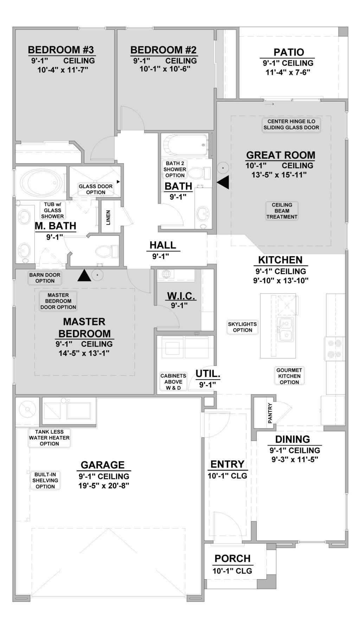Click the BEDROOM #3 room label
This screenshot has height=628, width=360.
61,50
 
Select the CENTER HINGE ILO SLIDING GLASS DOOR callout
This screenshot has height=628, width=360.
291,124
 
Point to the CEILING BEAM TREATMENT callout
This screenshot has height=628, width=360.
282,211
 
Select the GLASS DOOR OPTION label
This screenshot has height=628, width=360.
96,189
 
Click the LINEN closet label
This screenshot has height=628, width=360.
108,218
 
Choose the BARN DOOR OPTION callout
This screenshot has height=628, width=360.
45,278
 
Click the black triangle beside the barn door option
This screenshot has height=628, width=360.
84,276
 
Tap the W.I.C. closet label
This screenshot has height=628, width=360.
181,296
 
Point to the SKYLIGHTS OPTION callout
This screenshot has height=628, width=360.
242,327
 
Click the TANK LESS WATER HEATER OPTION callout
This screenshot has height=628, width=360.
49,438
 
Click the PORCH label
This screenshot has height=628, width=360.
232,558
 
